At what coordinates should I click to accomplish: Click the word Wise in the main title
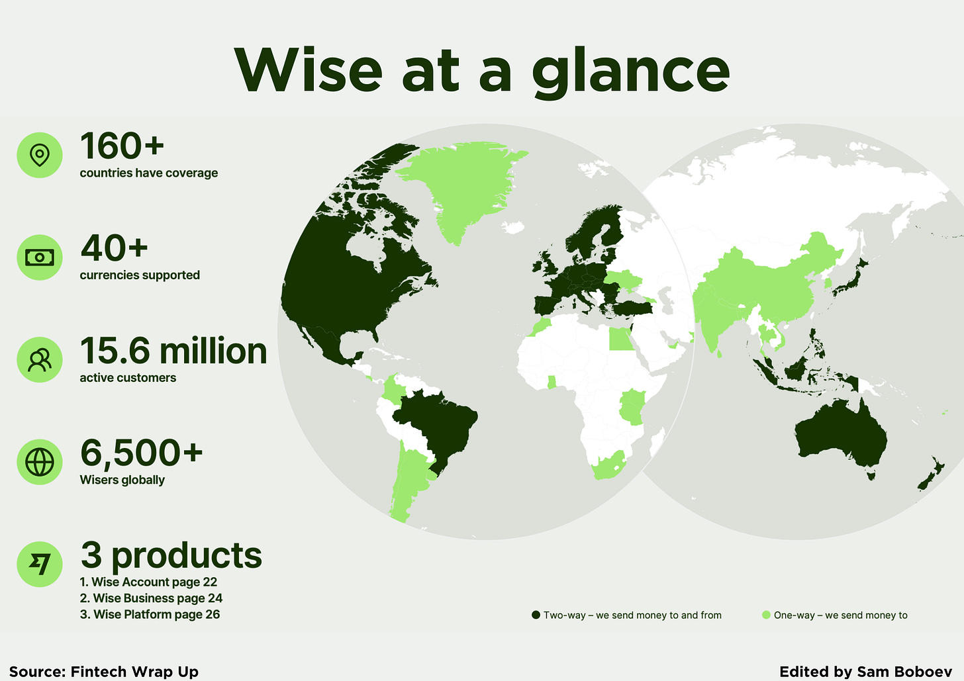309,71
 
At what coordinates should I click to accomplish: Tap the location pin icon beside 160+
40,155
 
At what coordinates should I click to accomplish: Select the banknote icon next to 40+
40,257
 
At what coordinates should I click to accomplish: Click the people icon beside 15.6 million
40,360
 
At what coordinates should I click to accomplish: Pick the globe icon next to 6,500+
40,462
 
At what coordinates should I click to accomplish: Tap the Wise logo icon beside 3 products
40,565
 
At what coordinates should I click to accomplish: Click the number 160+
122,146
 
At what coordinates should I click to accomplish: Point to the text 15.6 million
173,351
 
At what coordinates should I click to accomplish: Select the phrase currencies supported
140,275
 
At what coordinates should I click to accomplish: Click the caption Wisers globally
122,480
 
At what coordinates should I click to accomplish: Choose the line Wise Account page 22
148,582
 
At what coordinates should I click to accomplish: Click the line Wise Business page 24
151,598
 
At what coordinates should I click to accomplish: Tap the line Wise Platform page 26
150,615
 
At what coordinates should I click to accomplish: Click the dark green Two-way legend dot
536,615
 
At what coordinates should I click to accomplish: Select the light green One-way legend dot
766,615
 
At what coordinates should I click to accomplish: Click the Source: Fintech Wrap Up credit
104,671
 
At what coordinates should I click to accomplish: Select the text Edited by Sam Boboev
865,671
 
